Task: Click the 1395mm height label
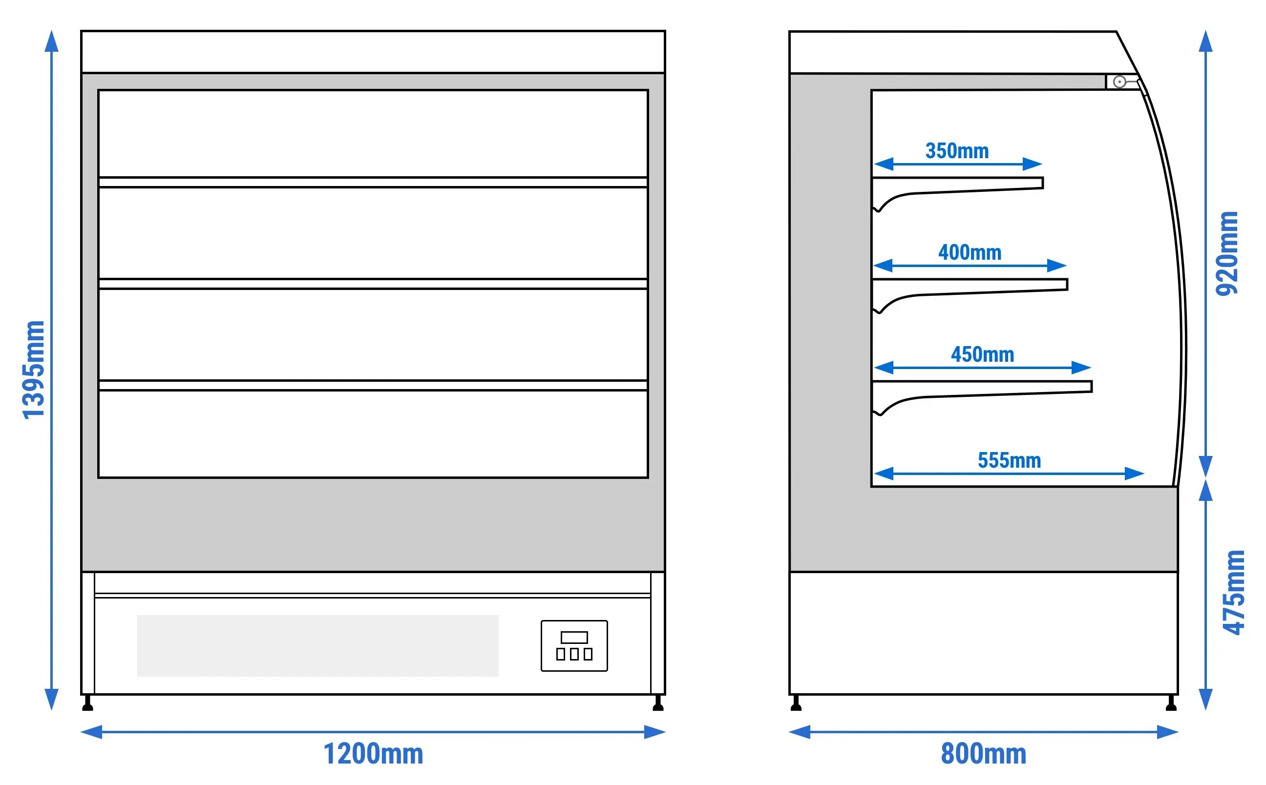click(33, 370)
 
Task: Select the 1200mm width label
click(373, 754)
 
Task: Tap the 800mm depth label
click(984, 754)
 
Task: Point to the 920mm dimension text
click(1226, 253)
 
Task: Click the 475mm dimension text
click(1234, 592)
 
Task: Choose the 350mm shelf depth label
click(957, 151)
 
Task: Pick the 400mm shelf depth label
click(970, 253)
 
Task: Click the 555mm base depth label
click(1010, 460)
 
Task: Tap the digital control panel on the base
click(574, 645)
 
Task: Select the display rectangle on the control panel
click(574, 637)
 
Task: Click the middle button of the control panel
click(574, 654)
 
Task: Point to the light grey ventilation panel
click(318, 645)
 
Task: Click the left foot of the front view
click(88, 703)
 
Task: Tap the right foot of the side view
click(1171, 703)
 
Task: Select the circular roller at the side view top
click(1119, 82)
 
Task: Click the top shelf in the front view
click(373, 182)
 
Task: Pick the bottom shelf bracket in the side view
click(982, 398)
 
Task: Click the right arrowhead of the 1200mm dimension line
click(655, 732)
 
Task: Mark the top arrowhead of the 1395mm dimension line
click(51, 41)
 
